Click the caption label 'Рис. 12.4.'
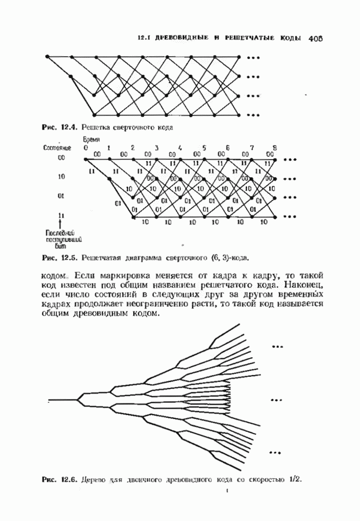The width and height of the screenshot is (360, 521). pos(60,126)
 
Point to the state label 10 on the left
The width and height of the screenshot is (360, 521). pos(61,177)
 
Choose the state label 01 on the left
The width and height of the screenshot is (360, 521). pos(61,196)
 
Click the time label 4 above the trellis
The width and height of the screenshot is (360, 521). pos(181,148)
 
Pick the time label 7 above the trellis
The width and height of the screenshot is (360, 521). pos(252,148)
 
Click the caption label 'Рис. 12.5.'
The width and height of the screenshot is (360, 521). pos(60,257)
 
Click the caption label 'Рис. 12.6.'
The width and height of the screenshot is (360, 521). pos(60,480)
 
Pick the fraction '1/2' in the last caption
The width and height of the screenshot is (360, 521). pos(295,480)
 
